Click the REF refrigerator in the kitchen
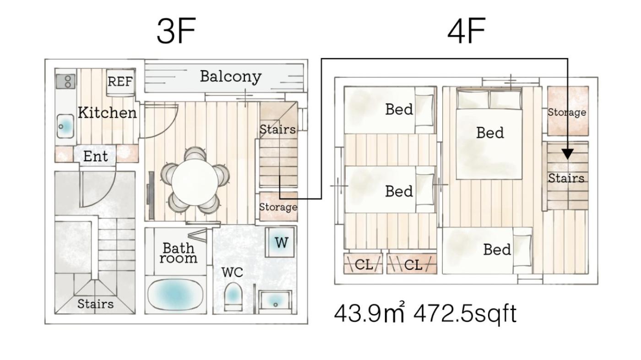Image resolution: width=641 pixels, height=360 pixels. (x=120, y=82)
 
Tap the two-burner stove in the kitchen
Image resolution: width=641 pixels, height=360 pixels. (x=66, y=81)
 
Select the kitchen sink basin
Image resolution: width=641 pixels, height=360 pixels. (x=65, y=126)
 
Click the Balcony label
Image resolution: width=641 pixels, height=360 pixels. (x=231, y=76)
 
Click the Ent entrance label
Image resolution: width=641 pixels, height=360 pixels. (x=96, y=156)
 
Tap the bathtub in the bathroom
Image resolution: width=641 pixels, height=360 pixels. (x=175, y=295)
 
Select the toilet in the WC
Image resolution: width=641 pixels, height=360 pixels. (x=233, y=297)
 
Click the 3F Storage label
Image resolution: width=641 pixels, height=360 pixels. (x=278, y=207)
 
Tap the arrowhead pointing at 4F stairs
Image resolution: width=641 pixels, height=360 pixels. (x=567, y=154)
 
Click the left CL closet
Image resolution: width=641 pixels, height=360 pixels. (x=363, y=263)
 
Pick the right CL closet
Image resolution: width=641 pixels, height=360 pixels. (x=412, y=263)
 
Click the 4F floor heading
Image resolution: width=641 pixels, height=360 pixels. (x=467, y=30)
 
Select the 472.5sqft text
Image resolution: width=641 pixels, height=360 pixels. (x=465, y=314)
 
